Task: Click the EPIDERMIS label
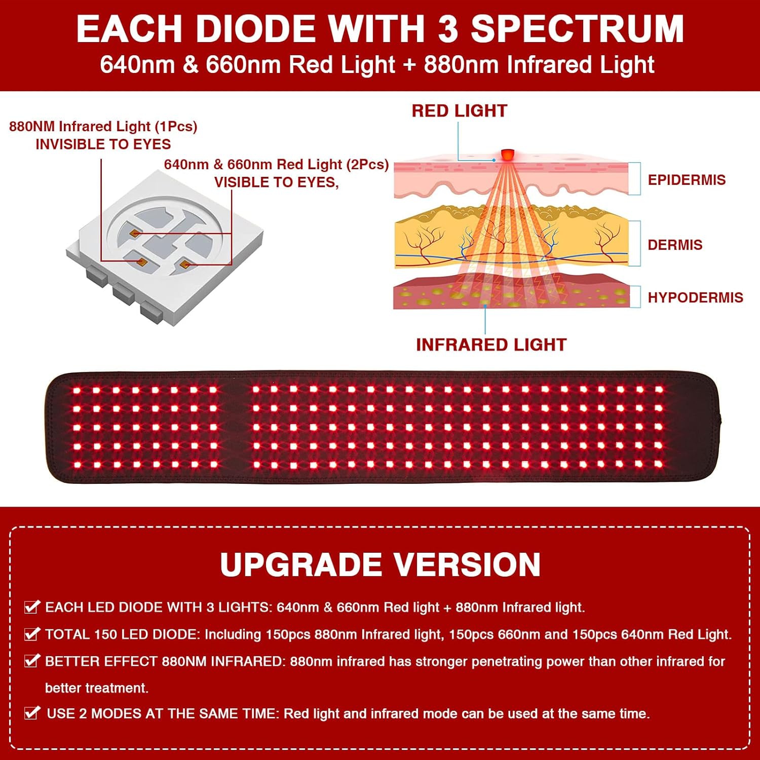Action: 687,180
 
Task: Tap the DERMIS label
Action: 675,245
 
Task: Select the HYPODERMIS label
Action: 695,297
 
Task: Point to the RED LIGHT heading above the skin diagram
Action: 459,111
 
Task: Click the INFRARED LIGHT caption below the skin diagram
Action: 491,345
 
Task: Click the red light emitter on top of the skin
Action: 507,154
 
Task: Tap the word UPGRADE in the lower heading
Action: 300,564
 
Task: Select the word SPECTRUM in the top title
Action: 578,29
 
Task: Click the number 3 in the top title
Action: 448,29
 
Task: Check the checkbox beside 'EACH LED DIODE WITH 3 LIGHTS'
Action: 32,607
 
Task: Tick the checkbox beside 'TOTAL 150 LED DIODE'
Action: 32,634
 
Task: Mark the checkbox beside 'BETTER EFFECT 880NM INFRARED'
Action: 32,661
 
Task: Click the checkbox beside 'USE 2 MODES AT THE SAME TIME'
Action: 32,713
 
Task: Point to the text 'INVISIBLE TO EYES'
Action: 103,144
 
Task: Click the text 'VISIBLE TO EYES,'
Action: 276,182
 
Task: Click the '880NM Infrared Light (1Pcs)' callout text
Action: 103,127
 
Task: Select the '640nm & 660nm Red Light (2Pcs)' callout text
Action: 276,165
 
